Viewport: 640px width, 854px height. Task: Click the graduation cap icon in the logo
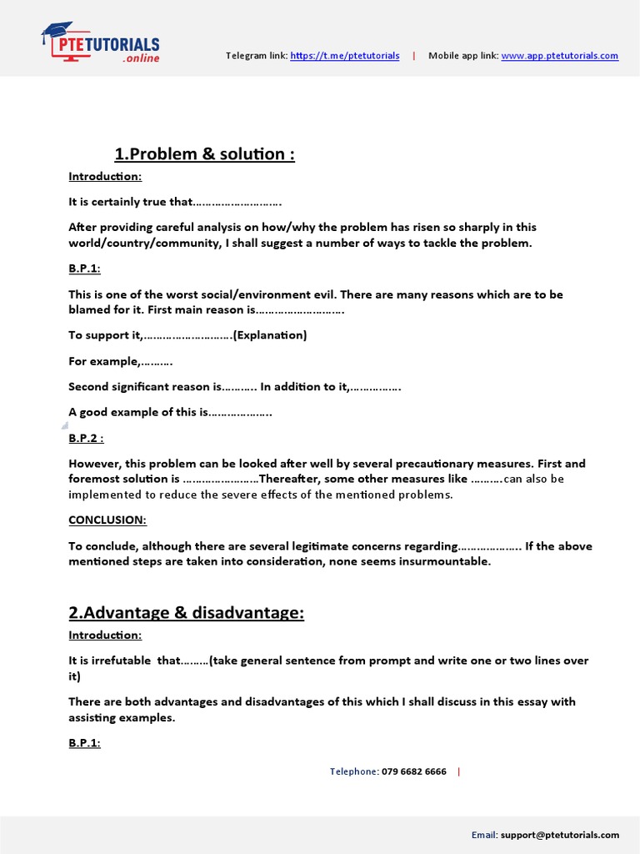[x=57, y=33]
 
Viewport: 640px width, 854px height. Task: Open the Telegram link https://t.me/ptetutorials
[x=344, y=56]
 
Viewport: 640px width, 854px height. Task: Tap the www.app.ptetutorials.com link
[x=559, y=56]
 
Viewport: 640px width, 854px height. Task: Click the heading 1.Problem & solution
[x=204, y=154]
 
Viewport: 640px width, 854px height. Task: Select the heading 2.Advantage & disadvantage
[x=186, y=613]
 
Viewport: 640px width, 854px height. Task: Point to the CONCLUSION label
[x=107, y=520]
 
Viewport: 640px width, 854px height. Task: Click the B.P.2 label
[x=86, y=439]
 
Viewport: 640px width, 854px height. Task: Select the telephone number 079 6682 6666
[x=413, y=771]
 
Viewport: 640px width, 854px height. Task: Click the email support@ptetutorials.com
[x=572, y=834]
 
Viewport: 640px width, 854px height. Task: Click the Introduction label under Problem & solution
[x=105, y=176]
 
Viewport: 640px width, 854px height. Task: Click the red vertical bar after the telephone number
[x=458, y=771]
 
